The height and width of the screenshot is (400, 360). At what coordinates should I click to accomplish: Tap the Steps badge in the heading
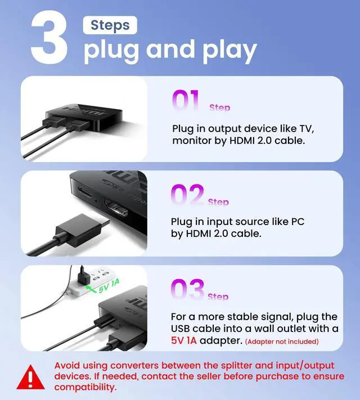point(110,25)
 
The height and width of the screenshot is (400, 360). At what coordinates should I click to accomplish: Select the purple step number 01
point(186,102)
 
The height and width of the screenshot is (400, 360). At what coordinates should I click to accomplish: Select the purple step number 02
point(187,196)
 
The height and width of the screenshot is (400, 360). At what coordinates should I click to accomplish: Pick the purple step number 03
point(187,291)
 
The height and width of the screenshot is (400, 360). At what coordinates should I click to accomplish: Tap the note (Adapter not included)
point(281,341)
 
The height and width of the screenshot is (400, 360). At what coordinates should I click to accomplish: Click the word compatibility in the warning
point(85,387)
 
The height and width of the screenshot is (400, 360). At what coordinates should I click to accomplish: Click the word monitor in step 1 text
point(192,140)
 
